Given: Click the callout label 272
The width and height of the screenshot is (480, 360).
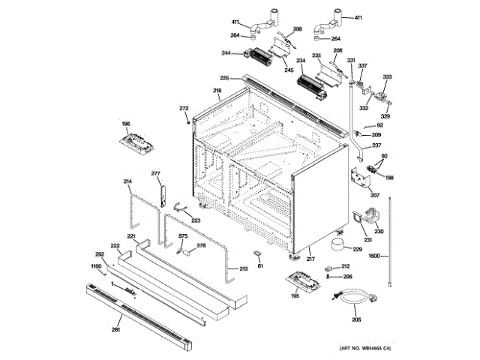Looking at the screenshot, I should (184, 109).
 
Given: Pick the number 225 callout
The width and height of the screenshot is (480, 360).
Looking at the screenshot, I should (224, 78).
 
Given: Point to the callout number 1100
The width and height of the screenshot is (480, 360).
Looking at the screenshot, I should (96, 267).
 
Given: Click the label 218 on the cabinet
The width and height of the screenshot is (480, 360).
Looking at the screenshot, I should (217, 91).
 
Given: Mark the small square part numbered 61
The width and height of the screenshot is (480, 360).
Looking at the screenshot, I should (258, 253).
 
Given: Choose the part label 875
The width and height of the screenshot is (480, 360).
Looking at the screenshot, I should (182, 237).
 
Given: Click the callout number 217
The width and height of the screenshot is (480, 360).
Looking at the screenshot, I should (309, 259).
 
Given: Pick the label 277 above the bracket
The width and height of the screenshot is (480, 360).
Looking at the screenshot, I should (156, 173).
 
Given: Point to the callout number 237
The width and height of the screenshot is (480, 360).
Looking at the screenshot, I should (376, 145).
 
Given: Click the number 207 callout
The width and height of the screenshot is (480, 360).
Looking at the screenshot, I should (375, 195).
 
